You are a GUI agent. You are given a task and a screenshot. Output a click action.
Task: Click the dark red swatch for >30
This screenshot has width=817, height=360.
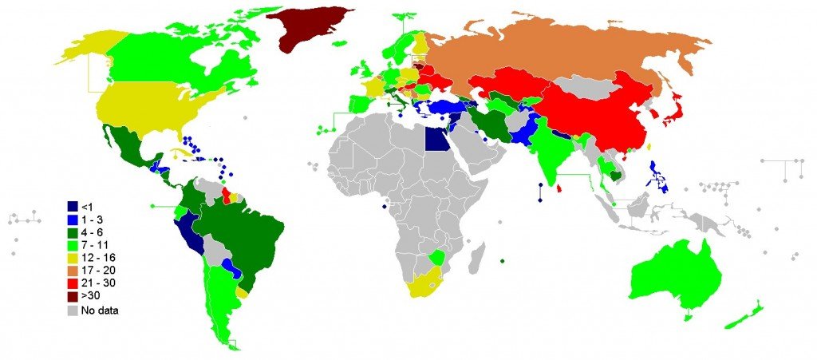pos(73,295)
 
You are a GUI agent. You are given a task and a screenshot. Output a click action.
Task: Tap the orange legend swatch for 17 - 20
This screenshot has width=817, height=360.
pos(73,270)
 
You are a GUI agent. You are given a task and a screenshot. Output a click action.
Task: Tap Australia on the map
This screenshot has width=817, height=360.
pos(674,275)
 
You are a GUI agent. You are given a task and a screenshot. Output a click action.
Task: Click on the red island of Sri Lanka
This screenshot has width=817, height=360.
pos(558,189)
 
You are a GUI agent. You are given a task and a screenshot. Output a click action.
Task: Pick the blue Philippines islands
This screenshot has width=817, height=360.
pos(659,176)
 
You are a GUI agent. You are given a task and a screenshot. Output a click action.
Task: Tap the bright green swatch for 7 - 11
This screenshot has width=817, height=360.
pos(73,245)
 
